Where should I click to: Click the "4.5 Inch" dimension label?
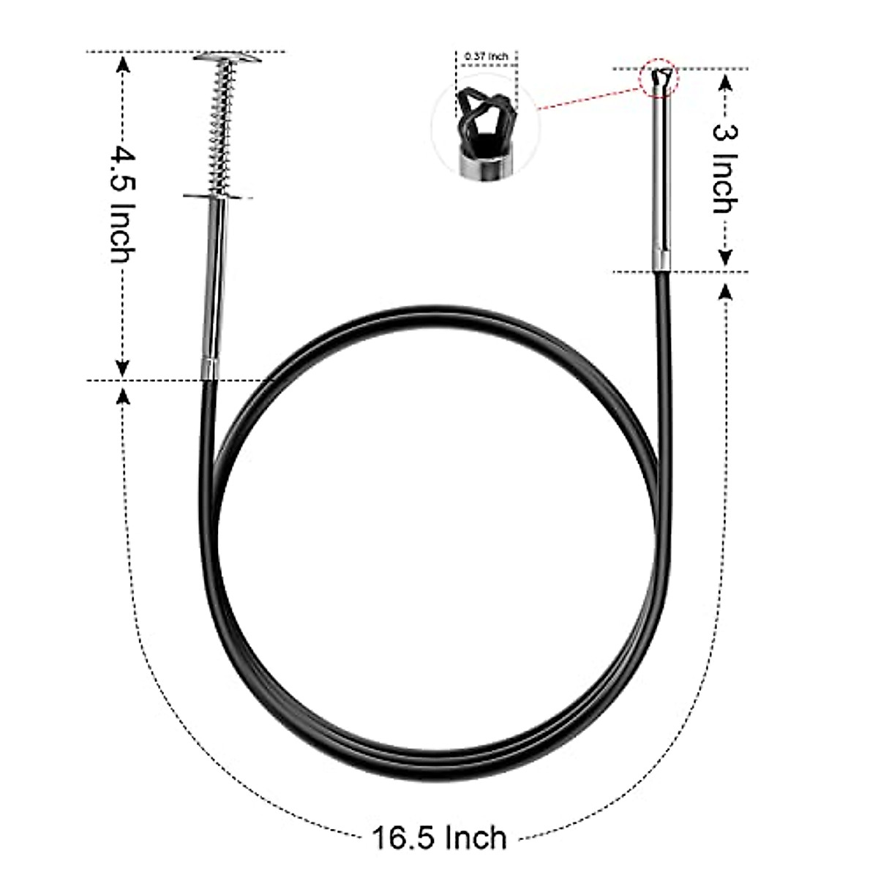(x=121, y=206)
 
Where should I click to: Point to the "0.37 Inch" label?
(x=487, y=56)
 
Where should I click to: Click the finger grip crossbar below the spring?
(x=218, y=195)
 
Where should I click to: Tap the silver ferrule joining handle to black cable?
(x=210, y=369)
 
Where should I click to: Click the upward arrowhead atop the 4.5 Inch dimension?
(x=123, y=66)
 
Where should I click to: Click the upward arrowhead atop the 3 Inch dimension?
(x=725, y=82)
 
